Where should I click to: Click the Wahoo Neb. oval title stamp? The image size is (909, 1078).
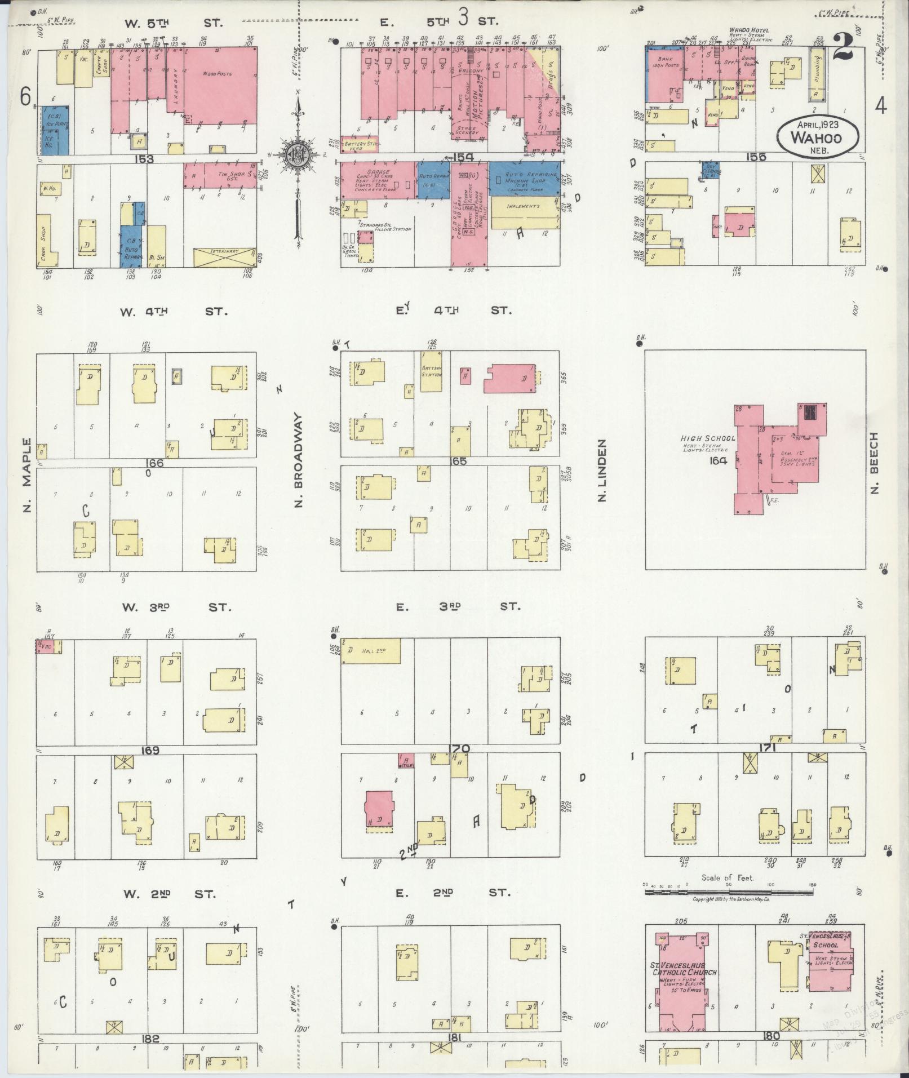click(x=817, y=136)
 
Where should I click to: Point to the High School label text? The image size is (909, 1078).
click(x=707, y=438)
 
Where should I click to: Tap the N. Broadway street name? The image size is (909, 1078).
click(x=299, y=461)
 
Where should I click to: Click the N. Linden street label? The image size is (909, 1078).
click(x=602, y=471)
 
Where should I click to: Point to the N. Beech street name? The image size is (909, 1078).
click(x=875, y=463)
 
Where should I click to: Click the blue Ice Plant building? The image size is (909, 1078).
click(x=55, y=130)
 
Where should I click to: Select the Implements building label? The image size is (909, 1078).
click(x=523, y=206)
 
